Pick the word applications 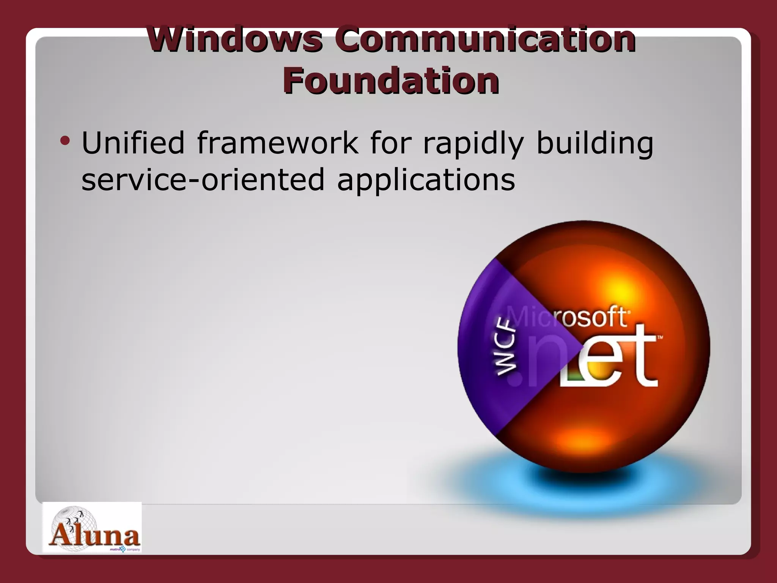(426, 181)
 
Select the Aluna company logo (92, 528)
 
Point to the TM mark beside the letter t (660, 337)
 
